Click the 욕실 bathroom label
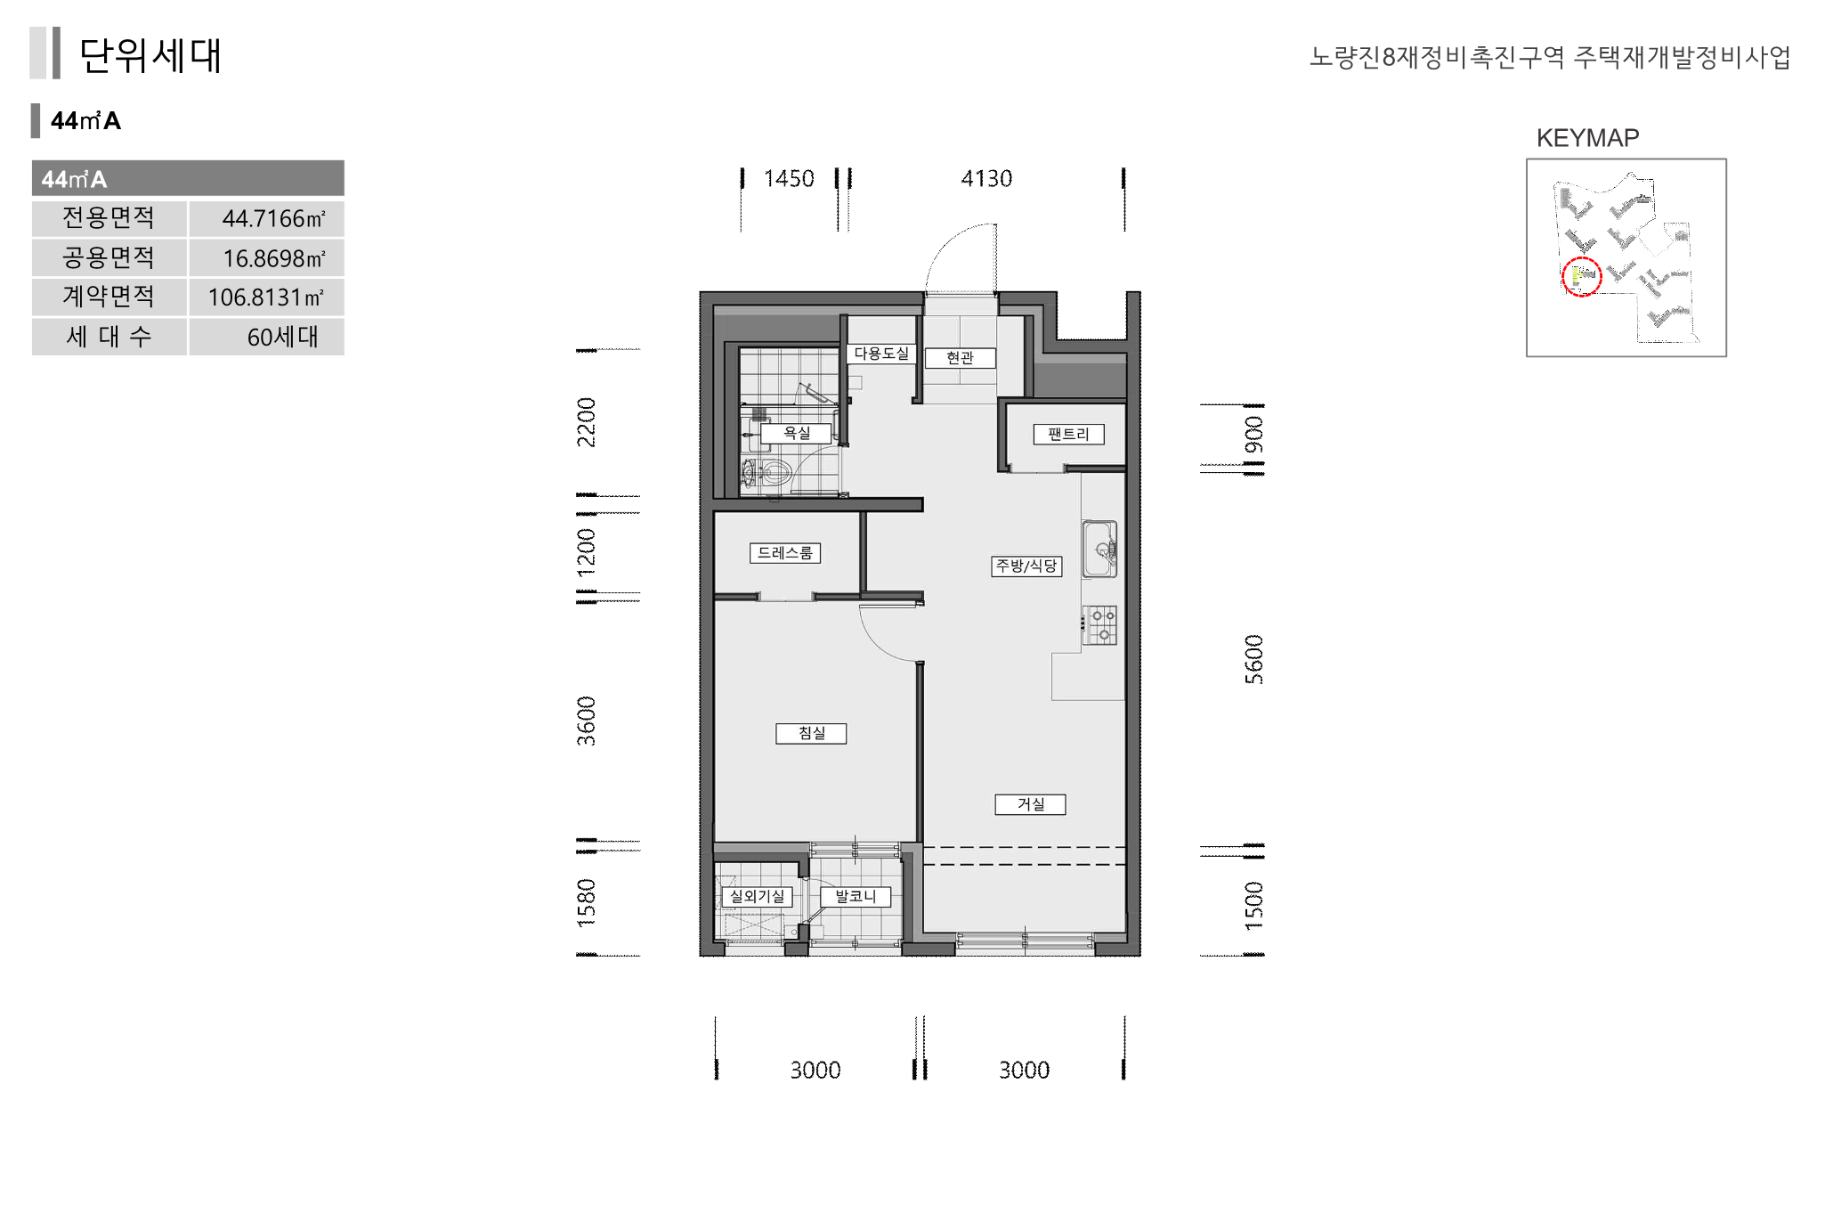point(796,434)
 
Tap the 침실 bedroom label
point(811,733)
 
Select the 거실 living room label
point(1030,804)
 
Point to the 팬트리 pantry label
point(1068,435)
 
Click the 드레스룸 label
point(785,553)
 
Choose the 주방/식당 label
point(1026,566)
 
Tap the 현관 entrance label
point(960,358)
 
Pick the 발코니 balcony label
point(856,897)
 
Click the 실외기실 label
point(757,897)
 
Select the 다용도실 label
point(881,354)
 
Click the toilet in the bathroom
point(767,472)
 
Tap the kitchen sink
point(1099,549)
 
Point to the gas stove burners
point(1099,624)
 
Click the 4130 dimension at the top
point(986,179)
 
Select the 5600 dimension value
point(1253,659)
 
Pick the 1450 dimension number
point(789,179)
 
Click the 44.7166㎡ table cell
point(266,219)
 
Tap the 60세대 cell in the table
point(266,338)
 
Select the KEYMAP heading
point(1587,138)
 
